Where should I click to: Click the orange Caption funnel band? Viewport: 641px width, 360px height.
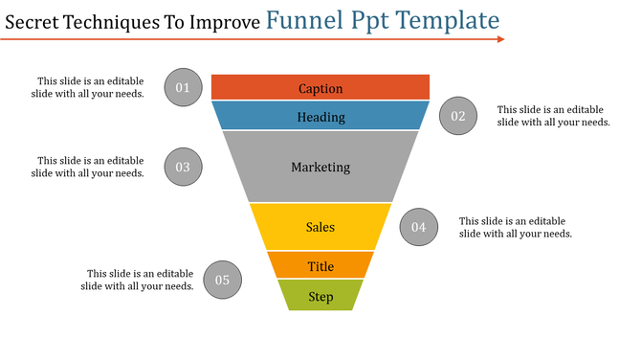point(320,88)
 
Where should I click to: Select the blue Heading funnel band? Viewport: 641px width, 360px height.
point(320,117)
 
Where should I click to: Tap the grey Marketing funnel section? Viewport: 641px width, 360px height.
point(320,167)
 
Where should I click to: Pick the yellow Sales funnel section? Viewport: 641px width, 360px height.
point(320,227)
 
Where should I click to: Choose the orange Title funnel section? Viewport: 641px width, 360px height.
point(320,266)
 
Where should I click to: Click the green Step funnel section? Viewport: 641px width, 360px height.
point(320,296)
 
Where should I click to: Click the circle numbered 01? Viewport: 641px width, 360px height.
point(183,88)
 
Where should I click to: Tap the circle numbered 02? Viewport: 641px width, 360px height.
point(458,117)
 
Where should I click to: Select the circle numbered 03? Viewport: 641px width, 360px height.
point(183,167)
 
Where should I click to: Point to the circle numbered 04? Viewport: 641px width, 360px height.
point(418,227)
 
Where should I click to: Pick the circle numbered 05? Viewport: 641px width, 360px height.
point(222,281)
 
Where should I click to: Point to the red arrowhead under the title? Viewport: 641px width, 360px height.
point(499,39)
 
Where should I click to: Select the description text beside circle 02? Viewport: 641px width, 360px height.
point(554,116)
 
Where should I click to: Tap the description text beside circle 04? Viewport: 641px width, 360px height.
point(516,227)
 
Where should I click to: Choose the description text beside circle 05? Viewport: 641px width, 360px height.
point(138,280)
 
